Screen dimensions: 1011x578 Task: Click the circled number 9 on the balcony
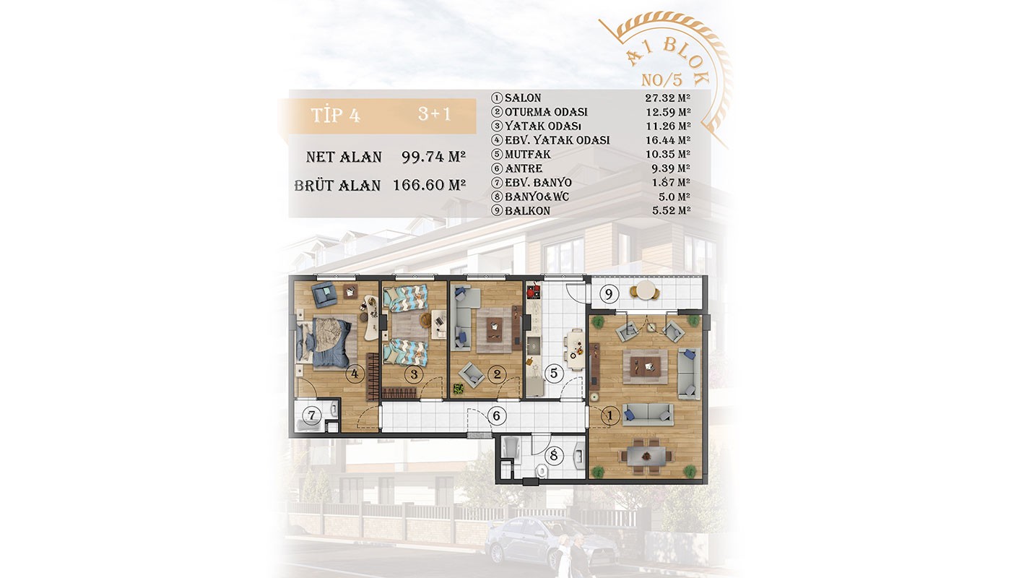(x=608, y=295)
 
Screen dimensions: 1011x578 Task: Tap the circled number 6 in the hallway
(x=497, y=415)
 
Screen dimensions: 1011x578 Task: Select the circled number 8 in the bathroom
(x=553, y=456)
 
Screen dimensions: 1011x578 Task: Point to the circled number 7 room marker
(x=311, y=415)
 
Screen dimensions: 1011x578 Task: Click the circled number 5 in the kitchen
(x=553, y=374)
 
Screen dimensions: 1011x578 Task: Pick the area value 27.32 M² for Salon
(x=667, y=98)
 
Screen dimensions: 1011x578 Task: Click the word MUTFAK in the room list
(x=528, y=155)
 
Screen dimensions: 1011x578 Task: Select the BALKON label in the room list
(x=527, y=211)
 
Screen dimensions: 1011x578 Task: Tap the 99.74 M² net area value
(x=433, y=157)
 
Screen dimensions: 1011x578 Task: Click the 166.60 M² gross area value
(x=429, y=185)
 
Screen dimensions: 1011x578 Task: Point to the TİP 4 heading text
(x=335, y=116)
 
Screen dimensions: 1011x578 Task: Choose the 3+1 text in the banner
(x=434, y=114)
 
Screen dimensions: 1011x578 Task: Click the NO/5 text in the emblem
(x=661, y=80)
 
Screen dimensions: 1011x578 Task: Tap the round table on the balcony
(x=646, y=290)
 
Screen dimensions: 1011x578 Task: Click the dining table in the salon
(x=646, y=456)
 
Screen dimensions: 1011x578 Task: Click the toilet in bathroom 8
(x=542, y=472)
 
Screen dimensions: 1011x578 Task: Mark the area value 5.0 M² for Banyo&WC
(x=674, y=197)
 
